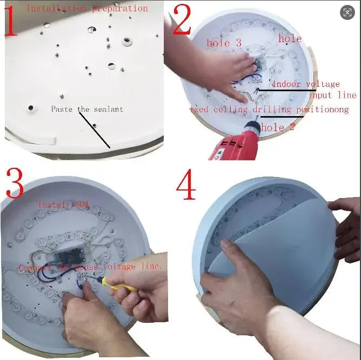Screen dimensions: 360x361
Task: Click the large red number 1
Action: [11, 22]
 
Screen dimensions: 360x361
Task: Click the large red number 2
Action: [182, 22]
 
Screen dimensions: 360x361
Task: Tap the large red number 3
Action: [15, 184]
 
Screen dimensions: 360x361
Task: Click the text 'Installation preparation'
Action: [86, 8]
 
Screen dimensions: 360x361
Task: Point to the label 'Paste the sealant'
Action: [87, 109]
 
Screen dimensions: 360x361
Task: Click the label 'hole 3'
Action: [224, 43]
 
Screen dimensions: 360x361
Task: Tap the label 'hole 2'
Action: [278, 128]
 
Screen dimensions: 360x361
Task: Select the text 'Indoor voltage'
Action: [306, 84]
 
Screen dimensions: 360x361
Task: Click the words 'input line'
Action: [332, 96]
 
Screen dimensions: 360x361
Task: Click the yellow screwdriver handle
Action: [123, 285]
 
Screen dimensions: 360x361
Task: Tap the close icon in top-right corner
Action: [348, 12]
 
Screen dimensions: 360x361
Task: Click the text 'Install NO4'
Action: [64, 205]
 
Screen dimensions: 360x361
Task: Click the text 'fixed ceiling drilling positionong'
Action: [269, 110]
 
